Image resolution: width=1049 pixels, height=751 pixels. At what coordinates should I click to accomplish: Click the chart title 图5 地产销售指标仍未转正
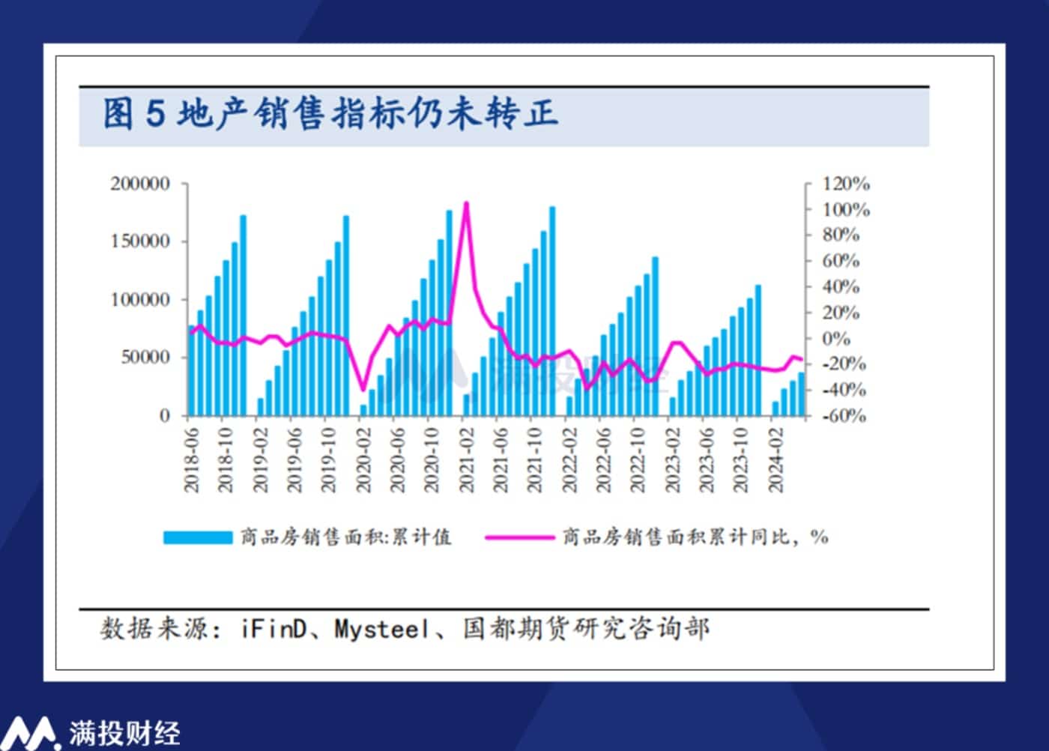pos(330,114)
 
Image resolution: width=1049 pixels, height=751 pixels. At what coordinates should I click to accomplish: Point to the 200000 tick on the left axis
pos(140,184)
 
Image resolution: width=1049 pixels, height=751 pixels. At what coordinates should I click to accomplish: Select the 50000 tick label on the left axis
pos(145,358)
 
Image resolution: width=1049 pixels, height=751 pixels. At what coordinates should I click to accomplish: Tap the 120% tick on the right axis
pos(846,184)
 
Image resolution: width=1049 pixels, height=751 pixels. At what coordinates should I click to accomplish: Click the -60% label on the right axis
pos(844,416)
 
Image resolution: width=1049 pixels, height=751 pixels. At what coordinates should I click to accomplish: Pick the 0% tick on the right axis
pos(836,339)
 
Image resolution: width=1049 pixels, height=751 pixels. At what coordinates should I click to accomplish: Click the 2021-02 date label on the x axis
pos(467,460)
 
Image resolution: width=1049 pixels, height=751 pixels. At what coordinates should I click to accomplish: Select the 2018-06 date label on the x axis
pos(192,460)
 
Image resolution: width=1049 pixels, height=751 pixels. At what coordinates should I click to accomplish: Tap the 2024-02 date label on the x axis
pos(776,460)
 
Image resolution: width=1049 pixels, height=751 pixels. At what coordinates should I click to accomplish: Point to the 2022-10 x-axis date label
pos(638,460)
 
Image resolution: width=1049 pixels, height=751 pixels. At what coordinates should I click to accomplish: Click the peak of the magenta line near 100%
pos(466,203)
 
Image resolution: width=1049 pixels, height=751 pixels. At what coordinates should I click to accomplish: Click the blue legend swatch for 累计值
pos(198,537)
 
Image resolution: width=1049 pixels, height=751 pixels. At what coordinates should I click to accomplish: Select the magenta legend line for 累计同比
pos(519,537)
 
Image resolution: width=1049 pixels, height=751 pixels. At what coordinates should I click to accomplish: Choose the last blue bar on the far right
pos(801,393)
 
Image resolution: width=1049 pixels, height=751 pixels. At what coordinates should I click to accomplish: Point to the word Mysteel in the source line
pos(382,629)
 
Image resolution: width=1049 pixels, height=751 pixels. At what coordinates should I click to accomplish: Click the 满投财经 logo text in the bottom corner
pos(124,733)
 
